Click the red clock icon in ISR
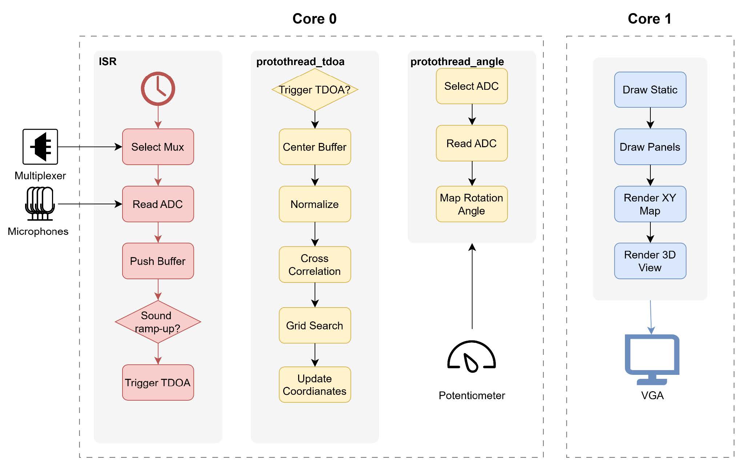tap(158, 89)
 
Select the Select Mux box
tap(158, 147)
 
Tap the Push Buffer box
tap(158, 261)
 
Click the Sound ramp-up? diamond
tap(158, 322)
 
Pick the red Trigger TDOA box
tap(158, 382)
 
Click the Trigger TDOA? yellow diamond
tap(315, 90)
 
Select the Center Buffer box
tap(315, 147)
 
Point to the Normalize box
tap(315, 204)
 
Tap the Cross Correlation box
tap(315, 265)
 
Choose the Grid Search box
tap(315, 325)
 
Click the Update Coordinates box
tap(315, 385)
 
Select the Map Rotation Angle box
tap(472, 204)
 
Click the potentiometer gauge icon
tap(472, 357)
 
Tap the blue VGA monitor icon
tap(652, 358)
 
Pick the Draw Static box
tap(650, 90)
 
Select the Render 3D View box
tap(650, 261)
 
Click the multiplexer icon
tap(40, 147)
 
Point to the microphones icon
tap(40, 204)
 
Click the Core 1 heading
tap(649, 19)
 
